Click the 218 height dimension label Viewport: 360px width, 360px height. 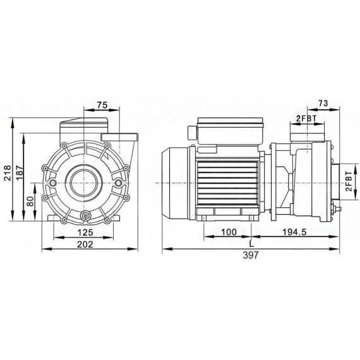click(x=8, y=170)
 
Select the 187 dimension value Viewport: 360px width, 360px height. click(x=20, y=170)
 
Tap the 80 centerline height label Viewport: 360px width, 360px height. click(x=31, y=201)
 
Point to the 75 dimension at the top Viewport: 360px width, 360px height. click(x=102, y=105)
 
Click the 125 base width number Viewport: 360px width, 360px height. click(x=85, y=232)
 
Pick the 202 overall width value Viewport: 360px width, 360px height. click(x=85, y=244)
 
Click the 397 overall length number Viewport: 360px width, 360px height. click(x=251, y=255)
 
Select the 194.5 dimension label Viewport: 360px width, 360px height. click(x=294, y=232)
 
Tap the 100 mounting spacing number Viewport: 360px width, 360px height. click(x=229, y=232)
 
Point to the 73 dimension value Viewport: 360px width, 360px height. click(x=323, y=104)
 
